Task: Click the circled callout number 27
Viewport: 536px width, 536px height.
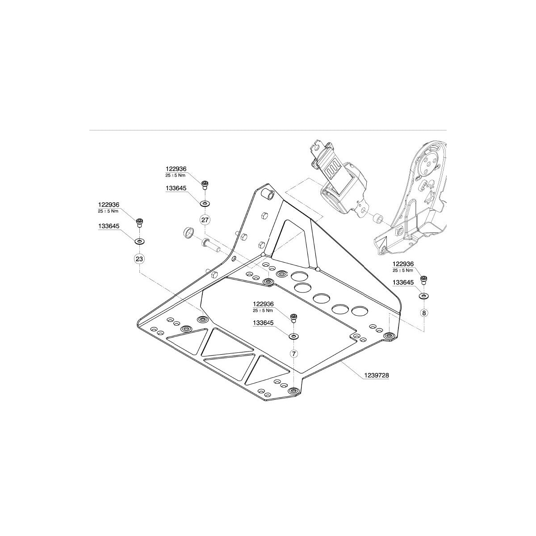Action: tap(205, 220)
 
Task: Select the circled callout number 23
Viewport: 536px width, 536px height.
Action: tap(139, 259)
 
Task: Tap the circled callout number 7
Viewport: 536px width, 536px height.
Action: tap(293, 353)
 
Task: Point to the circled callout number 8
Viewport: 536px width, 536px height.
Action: tap(423, 313)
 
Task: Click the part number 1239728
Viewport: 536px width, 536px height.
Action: tap(377, 376)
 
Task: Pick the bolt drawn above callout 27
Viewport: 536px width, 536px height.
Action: tap(205, 184)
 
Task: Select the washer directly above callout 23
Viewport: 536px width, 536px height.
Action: tap(139, 241)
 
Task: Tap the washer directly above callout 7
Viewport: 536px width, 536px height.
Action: tap(293, 336)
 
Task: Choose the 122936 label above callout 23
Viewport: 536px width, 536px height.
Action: tap(110, 205)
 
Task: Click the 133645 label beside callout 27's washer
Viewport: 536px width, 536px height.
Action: tap(176, 189)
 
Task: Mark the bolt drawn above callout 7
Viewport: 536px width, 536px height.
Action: tap(293, 318)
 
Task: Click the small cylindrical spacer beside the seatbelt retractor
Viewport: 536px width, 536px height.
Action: tap(378, 218)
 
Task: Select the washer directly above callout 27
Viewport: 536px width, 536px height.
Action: tap(205, 203)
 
